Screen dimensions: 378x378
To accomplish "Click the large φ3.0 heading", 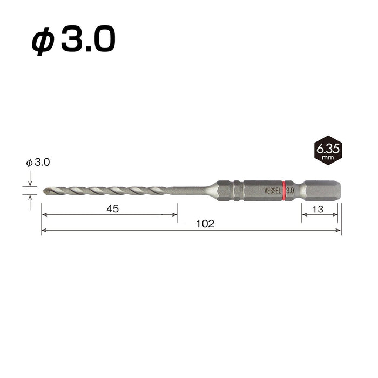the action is [x=73, y=40].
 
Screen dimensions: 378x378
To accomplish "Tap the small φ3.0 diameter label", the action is [x=38, y=163].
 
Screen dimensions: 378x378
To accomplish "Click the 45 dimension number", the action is [x=113, y=209].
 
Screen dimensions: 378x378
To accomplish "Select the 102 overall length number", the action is [x=205, y=224].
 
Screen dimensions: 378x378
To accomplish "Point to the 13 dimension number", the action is [x=318, y=210].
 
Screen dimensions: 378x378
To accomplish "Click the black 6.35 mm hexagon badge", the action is [x=328, y=151].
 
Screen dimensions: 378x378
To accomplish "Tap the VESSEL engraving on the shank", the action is [x=272, y=191].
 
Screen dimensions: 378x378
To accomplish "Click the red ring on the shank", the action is [x=284, y=191].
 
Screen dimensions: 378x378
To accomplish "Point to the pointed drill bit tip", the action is [x=44, y=191].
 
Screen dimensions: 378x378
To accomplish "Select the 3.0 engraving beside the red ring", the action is [x=290, y=191].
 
